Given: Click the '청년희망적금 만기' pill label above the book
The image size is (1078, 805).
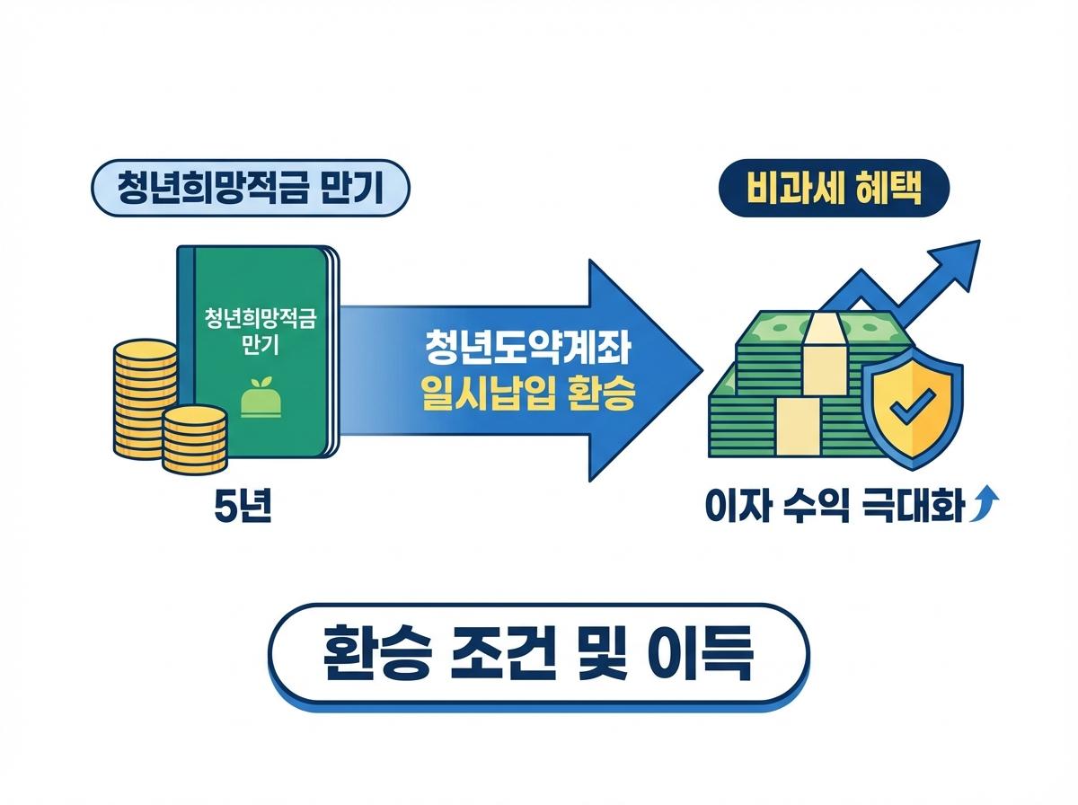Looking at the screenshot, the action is pos(251,189).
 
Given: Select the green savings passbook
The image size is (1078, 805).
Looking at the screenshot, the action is pos(256,350).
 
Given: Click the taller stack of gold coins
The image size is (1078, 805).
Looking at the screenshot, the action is pos(144,395).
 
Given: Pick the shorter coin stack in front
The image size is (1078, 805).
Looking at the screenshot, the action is pos(194,438).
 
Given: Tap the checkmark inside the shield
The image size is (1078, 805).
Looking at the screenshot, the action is pos(910,409).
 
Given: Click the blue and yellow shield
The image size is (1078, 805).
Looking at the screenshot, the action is pos(911,409).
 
